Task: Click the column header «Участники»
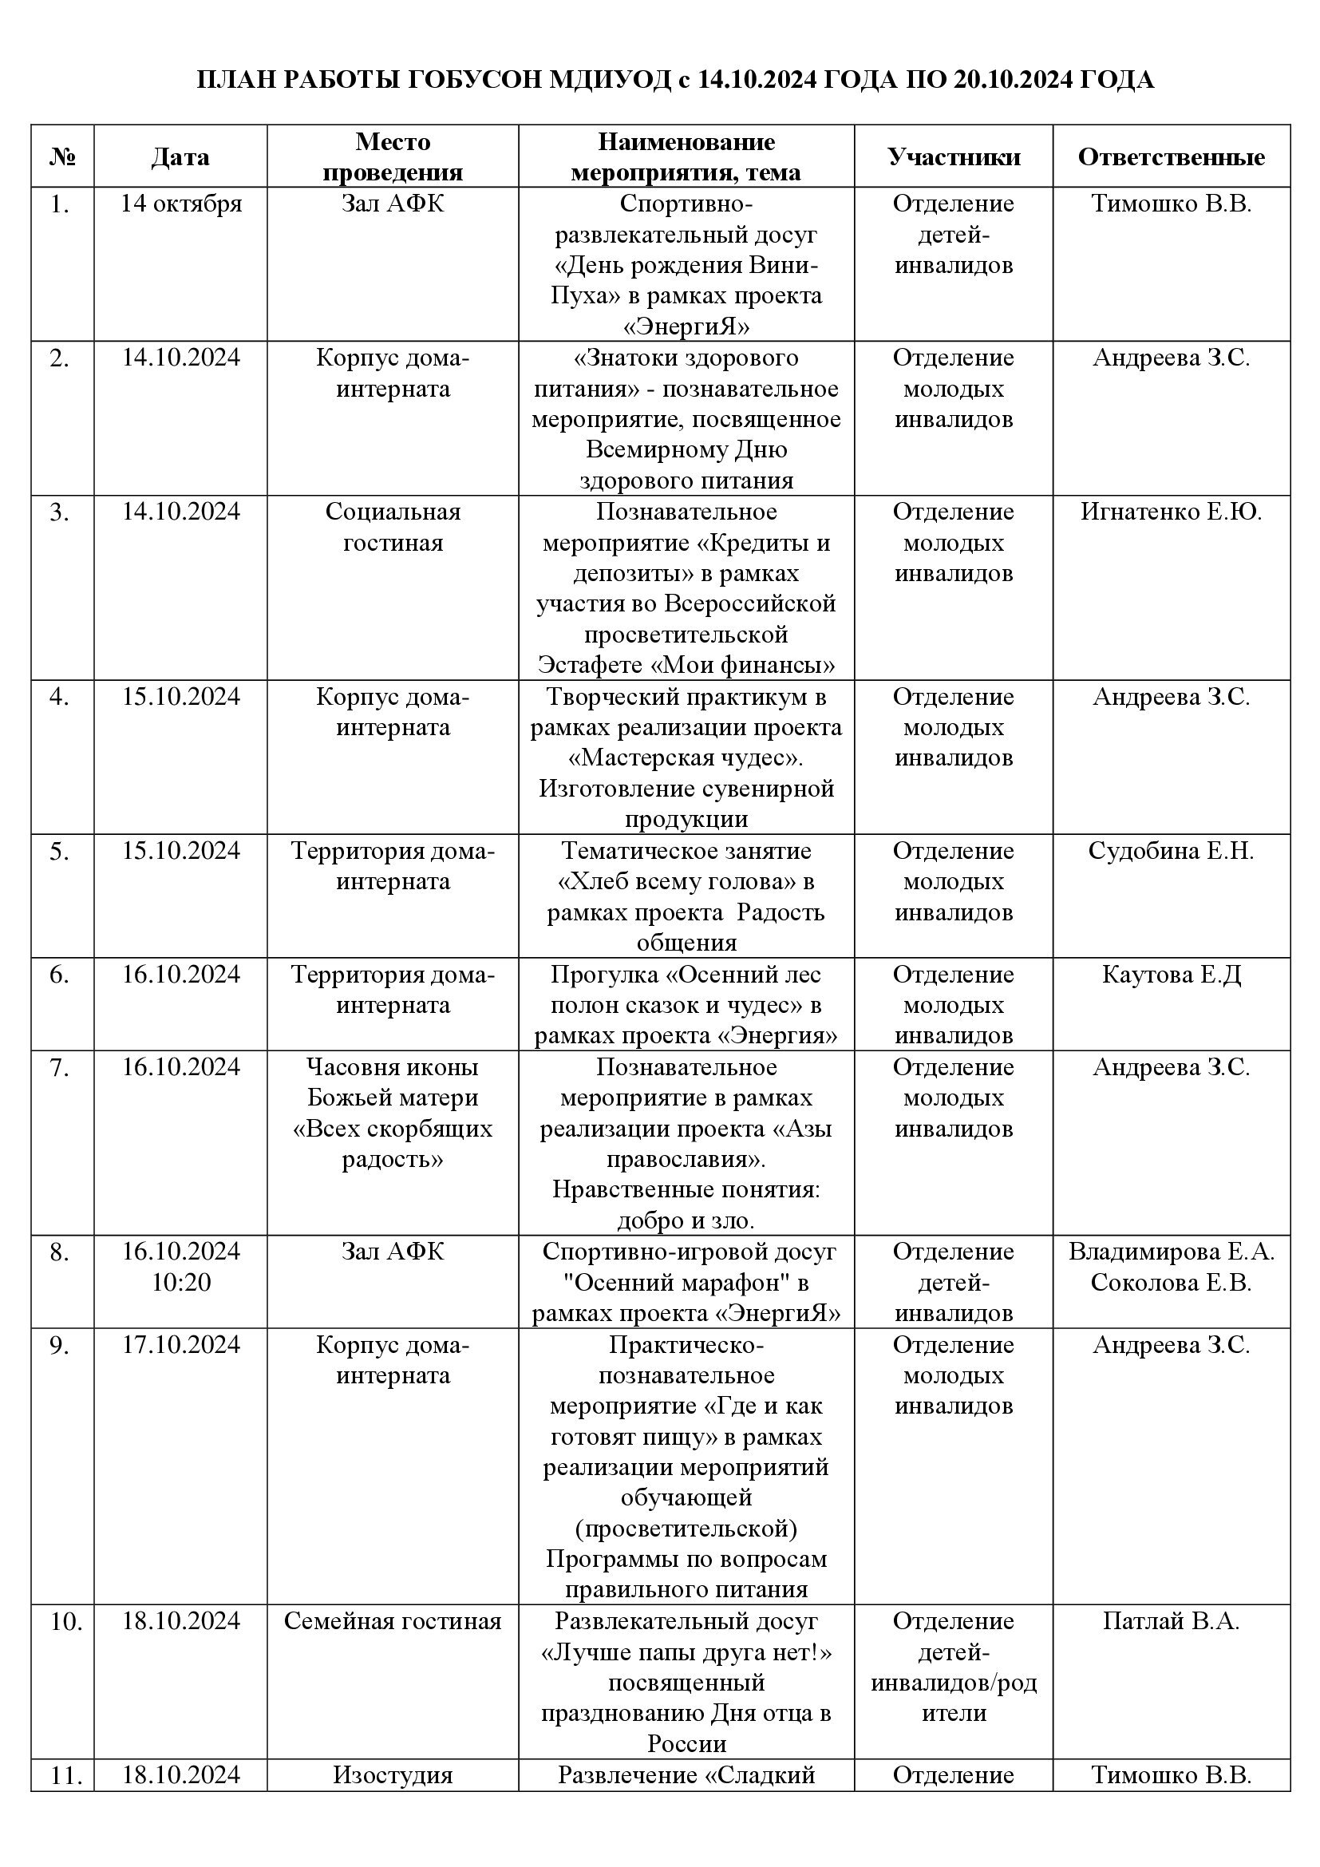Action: coord(954,157)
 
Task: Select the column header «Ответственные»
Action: coord(1171,157)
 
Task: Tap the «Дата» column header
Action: coord(180,157)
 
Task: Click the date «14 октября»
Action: coord(181,204)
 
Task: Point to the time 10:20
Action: coord(181,1283)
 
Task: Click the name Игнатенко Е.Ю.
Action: coord(1171,512)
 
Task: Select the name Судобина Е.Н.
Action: coord(1171,851)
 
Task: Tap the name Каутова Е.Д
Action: coord(1171,974)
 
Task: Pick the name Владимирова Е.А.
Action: coord(1171,1252)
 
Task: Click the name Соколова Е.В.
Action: coord(1171,1283)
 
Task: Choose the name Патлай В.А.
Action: coord(1171,1621)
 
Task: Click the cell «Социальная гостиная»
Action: coord(393,527)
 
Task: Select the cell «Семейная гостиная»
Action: coord(393,1621)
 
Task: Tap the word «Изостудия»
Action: coord(393,1775)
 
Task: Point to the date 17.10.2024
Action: coord(181,1345)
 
